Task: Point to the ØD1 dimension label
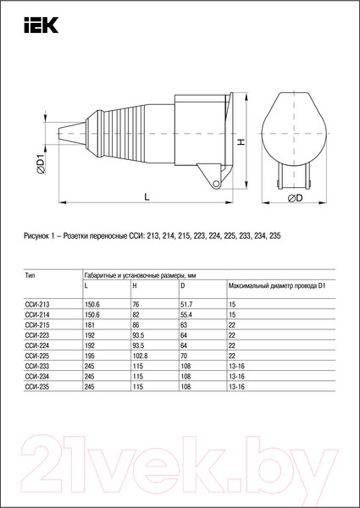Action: tap(42, 161)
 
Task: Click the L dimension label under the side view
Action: tap(147, 196)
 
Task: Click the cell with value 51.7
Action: tap(187, 302)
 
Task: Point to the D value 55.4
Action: tap(187, 313)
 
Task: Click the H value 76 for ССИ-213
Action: tap(136, 302)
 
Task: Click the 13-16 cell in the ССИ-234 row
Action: tap(236, 376)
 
